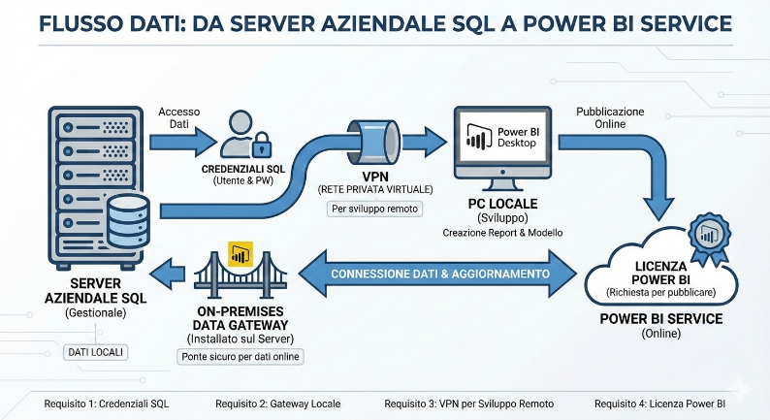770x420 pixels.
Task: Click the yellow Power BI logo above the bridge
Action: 238,255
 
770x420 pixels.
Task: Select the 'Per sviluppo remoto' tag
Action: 368,209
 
